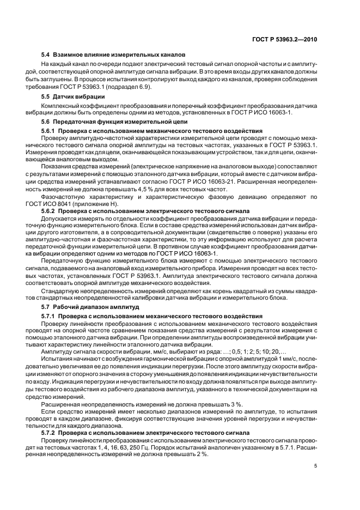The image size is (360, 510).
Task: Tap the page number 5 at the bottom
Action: coord(316,466)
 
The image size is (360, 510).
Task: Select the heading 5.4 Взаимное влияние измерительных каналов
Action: coord(113,54)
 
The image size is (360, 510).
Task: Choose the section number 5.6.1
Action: coord(51,131)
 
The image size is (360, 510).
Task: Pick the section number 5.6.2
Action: coord(51,210)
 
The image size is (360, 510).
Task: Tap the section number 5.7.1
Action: coord(51,317)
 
